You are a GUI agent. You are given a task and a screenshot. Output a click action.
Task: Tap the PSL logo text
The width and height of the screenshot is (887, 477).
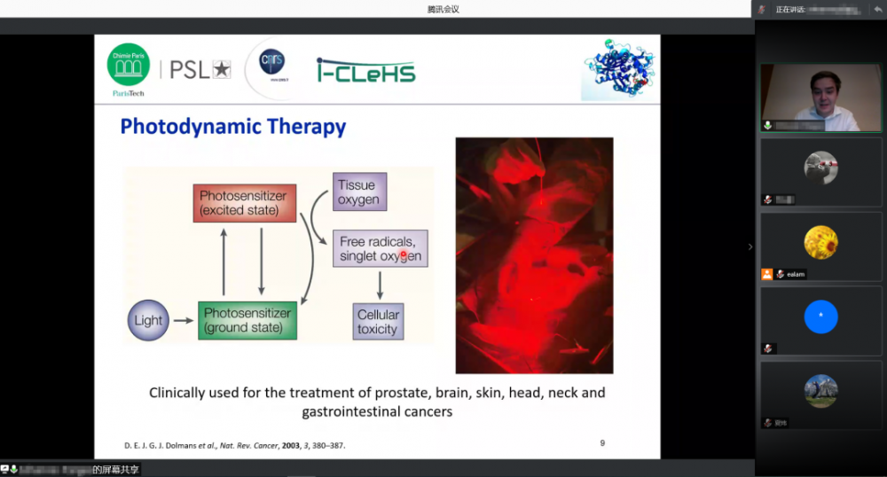(x=200, y=69)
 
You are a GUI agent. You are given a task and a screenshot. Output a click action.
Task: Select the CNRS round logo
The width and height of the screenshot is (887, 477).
(x=272, y=63)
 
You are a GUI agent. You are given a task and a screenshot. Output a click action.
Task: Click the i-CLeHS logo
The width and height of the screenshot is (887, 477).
(x=365, y=70)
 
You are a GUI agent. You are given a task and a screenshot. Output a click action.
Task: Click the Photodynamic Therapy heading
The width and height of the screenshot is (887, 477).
(x=232, y=127)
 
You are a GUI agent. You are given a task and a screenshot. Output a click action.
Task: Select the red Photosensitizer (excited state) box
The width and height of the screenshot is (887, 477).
(x=244, y=203)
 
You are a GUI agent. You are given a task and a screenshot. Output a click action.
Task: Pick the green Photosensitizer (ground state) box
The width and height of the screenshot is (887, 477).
(x=247, y=320)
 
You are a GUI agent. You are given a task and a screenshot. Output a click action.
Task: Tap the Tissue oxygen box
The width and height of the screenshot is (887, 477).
(x=358, y=192)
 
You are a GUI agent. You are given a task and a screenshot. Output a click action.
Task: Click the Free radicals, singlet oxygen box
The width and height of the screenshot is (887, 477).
(x=381, y=249)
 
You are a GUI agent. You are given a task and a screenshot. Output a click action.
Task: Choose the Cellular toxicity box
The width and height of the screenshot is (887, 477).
(x=378, y=322)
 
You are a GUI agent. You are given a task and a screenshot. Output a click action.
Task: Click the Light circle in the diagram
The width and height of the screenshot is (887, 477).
(x=148, y=320)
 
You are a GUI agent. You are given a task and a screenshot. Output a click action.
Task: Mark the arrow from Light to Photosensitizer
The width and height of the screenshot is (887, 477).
(x=184, y=321)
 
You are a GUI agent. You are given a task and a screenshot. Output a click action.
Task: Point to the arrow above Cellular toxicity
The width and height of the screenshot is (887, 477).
(x=381, y=285)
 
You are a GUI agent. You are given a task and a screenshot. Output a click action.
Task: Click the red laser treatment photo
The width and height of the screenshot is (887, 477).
(x=534, y=255)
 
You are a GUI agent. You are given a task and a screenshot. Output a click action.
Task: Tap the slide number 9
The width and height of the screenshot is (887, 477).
(x=602, y=442)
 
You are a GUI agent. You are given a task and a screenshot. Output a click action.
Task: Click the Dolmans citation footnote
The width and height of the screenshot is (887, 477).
(x=233, y=445)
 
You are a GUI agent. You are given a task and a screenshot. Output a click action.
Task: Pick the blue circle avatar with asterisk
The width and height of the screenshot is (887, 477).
(x=820, y=317)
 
